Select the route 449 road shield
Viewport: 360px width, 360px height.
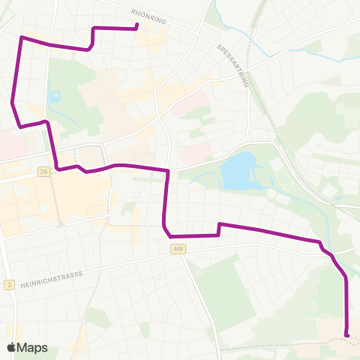[x=177, y=249]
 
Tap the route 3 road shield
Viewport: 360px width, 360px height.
[x=8, y=284]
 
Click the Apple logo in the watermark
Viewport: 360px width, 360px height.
[x=11, y=348]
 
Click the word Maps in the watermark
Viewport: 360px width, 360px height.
[x=32, y=348]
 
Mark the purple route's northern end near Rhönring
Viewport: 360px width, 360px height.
[x=136, y=27]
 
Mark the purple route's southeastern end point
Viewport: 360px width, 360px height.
[x=346, y=334]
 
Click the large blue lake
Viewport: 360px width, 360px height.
[x=238, y=170]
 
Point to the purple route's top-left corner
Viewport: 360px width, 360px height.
[x=21, y=37]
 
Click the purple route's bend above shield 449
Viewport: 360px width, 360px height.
[x=164, y=224]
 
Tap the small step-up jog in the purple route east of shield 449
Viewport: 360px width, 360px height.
[x=218, y=229]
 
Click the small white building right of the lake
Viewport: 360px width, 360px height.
[x=275, y=163]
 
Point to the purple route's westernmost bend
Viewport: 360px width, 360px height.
[x=13, y=102]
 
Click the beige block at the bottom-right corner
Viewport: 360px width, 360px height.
[x=337, y=326]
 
